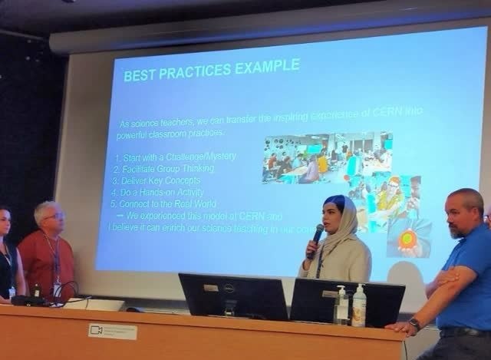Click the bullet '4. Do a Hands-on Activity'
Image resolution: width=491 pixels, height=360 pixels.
[162, 193]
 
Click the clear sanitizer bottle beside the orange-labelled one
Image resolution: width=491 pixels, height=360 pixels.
[341, 306]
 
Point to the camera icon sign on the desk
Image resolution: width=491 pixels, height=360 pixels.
[112, 331]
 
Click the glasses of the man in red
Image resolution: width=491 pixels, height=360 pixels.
[53, 216]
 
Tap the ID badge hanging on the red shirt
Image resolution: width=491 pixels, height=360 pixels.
[57, 288]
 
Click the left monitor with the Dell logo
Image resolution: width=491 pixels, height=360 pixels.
[232, 296]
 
